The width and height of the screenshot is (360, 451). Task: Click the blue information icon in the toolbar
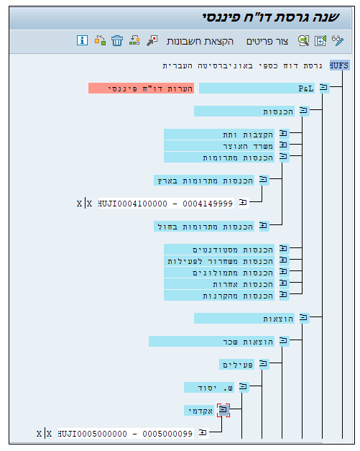pos(82,40)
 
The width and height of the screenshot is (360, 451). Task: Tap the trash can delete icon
pos(117,40)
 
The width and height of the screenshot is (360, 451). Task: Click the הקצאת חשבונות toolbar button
pos(200,42)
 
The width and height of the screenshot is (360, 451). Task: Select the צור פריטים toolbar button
pos(267,42)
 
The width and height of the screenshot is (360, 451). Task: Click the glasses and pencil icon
pos(338,40)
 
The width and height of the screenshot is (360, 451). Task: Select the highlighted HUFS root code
pos(339,65)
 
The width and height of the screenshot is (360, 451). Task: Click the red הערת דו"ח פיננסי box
pos(141,88)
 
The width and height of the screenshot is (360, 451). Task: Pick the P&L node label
pos(257,88)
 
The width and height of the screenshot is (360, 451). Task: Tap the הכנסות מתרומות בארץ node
pos(204,181)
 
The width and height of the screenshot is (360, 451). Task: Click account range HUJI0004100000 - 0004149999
pos(165,204)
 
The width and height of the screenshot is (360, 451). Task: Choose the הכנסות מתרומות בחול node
pos(204,227)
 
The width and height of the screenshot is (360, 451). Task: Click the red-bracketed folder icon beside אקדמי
pos(223,410)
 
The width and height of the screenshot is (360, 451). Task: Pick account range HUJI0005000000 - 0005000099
pos(125,434)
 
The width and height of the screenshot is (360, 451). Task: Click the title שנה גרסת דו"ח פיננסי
pos(271,18)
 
